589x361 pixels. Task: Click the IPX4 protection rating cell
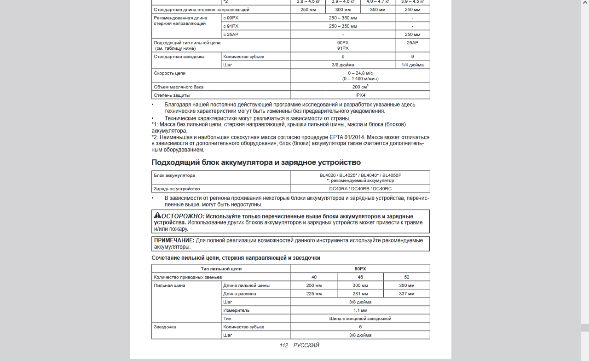click(x=360, y=95)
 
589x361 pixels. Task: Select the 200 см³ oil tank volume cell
click(x=360, y=87)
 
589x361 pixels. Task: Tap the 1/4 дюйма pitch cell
click(x=412, y=65)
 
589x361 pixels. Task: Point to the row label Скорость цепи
click(x=170, y=73)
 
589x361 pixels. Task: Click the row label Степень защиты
click(x=172, y=95)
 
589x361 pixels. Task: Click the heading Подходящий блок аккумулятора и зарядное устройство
click(x=256, y=163)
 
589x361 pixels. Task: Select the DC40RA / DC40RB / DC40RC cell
click(x=360, y=189)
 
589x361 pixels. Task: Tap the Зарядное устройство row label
click(x=177, y=189)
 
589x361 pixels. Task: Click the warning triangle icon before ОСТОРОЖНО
click(x=157, y=215)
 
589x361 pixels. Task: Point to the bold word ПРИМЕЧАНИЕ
click(x=174, y=240)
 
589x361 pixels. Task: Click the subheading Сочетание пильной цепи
click(x=236, y=258)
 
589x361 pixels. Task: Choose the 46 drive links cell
click(x=360, y=277)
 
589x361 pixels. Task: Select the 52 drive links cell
click(x=407, y=277)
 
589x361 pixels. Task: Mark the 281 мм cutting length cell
click(x=360, y=294)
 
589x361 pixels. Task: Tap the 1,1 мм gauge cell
click(x=360, y=310)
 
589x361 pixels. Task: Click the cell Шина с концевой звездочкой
click(x=360, y=319)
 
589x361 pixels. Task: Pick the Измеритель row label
click(x=236, y=310)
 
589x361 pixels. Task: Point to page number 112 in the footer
click(x=283, y=345)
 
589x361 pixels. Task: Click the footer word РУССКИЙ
click(x=306, y=345)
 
